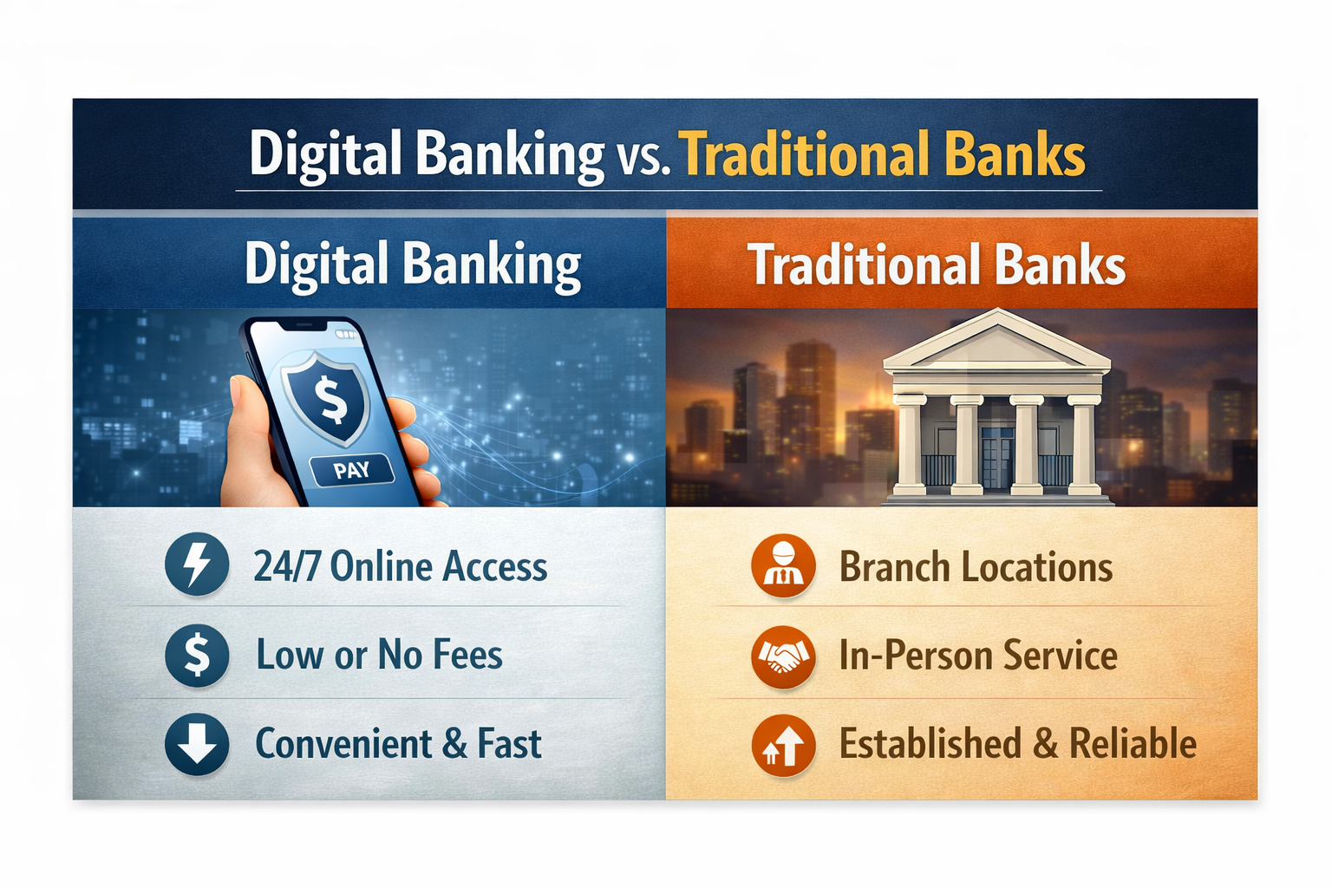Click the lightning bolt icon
point(197,565)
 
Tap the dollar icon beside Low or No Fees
point(197,655)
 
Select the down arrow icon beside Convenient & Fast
point(197,744)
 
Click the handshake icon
point(783,656)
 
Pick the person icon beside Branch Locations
point(783,566)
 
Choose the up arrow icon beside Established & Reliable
point(783,745)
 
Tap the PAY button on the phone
point(352,471)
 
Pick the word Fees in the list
point(467,655)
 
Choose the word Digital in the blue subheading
point(316,264)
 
